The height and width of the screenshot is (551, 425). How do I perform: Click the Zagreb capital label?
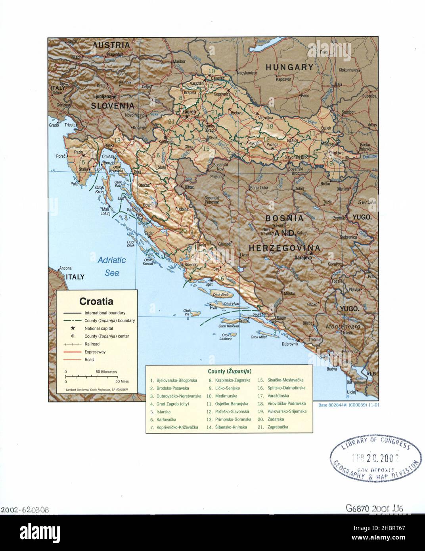[189, 112]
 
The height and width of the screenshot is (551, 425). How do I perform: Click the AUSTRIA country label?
[111, 45]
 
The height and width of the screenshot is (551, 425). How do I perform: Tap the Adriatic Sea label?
[111, 266]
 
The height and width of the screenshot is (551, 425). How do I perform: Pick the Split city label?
[209, 284]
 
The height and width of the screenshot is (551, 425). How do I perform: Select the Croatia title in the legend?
[96, 301]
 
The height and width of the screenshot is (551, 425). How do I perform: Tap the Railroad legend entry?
[92, 344]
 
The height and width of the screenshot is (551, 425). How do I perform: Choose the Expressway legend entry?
[94, 352]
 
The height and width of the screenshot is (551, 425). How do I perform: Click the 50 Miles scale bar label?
[123, 381]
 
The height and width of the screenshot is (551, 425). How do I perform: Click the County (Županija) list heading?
[229, 371]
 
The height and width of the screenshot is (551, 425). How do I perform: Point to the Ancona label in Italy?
[65, 268]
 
